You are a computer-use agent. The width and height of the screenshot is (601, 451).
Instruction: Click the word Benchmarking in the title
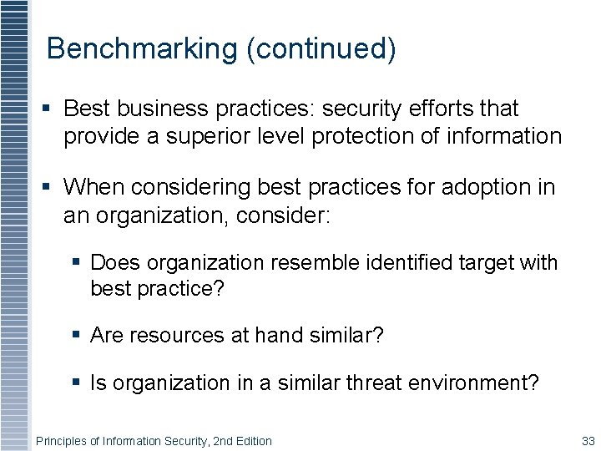[142, 48]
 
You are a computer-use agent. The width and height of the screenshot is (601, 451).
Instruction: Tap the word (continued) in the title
[321, 48]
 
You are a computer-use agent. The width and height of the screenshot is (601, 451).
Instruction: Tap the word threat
[359, 383]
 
